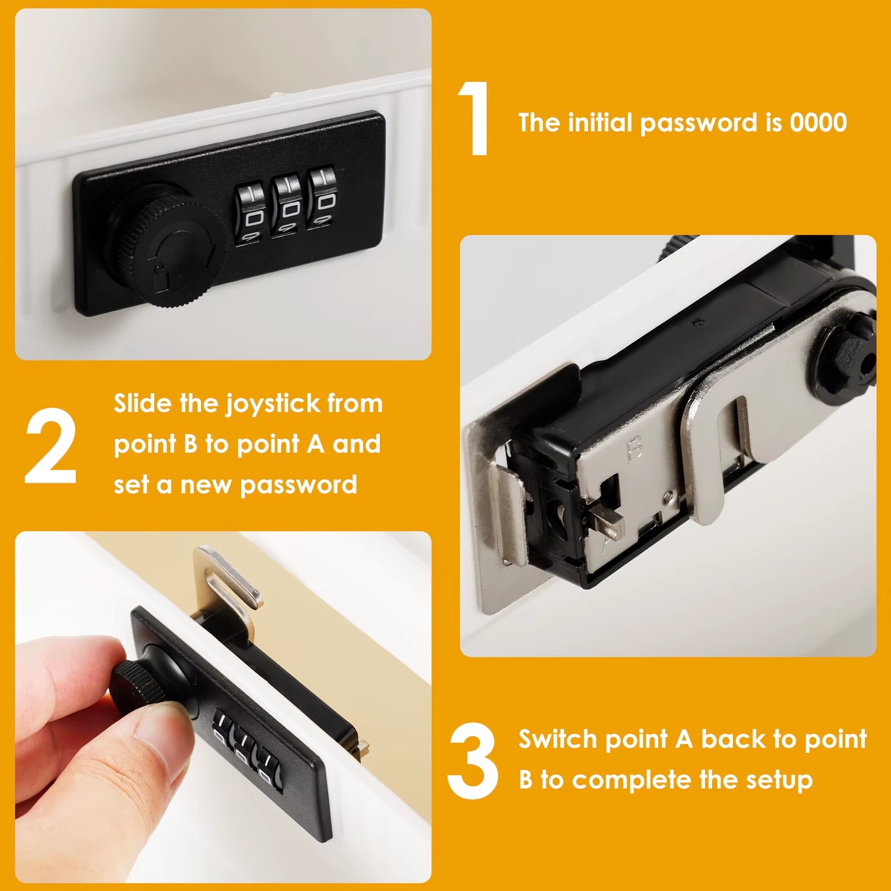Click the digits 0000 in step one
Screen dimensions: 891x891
[818, 123]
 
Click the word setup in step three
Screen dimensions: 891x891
[779, 780]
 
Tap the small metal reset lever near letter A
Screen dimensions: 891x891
[606, 521]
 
